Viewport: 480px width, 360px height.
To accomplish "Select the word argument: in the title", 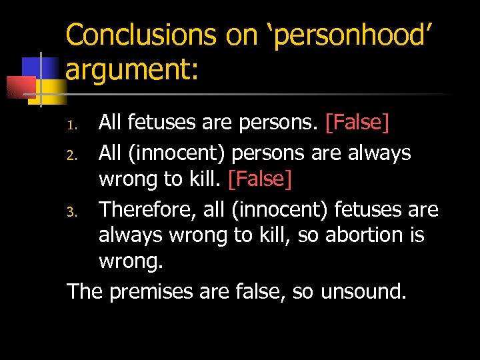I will click(x=132, y=69).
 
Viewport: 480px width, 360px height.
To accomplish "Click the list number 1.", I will click(x=76, y=123).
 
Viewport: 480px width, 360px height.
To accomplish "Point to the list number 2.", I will click(x=76, y=155).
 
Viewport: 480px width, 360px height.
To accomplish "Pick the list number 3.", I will click(x=76, y=211).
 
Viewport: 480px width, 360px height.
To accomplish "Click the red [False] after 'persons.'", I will click(x=357, y=122).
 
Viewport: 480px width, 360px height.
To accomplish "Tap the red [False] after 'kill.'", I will click(x=260, y=179).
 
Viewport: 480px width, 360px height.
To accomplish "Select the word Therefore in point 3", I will click(x=147, y=210).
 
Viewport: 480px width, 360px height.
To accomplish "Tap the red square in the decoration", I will click(x=20, y=87).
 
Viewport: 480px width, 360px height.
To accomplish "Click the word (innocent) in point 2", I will click(x=173, y=153).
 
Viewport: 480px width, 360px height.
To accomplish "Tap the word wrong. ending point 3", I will click(x=131, y=262).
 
